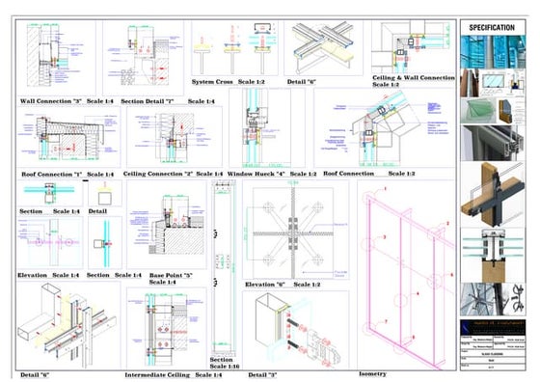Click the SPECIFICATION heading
click(492, 28)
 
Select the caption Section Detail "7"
click(148, 100)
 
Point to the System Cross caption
click(213, 82)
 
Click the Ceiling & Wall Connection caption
click(413, 76)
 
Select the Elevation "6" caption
click(266, 285)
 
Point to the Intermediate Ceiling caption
click(159, 374)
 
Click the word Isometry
click(371, 373)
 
